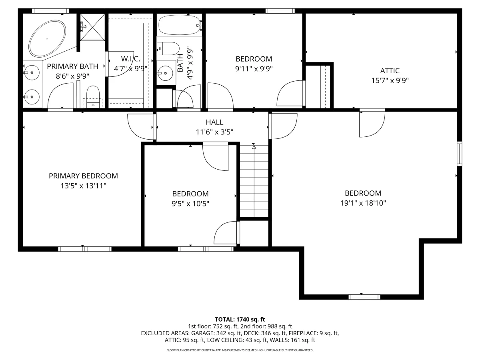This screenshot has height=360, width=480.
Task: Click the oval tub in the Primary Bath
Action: pyautogui.click(x=47, y=39)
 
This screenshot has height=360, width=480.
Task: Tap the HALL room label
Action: pyautogui.click(x=214, y=122)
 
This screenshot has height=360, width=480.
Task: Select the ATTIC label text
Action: pyautogui.click(x=390, y=71)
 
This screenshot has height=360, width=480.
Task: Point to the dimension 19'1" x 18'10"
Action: pyautogui.click(x=363, y=203)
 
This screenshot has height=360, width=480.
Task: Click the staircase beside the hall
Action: pyautogui.click(x=254, y=181)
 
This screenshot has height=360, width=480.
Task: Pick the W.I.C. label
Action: pyautogui.click(x=130, y=59)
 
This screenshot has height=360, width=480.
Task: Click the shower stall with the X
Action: pyautogui.click(x=92, y=27)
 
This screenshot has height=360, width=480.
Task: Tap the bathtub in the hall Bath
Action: pyautogui.click(x=180, y=25)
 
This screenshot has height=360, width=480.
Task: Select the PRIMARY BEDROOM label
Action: pyautogui.click(x=83, y=176)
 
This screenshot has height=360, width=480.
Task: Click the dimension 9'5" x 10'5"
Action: pyautogui.click(x=190, y=204)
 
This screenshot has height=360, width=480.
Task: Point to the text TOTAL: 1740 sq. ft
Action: pyautogui.click(x=240, y=320)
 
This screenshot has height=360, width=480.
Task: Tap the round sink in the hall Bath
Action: pyautogui.click(x=165, y=73)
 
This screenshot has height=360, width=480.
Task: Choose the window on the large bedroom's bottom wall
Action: pyautogui.click(x=364, y=297)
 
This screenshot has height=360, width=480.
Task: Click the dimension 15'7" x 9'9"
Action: pyautogui.click(x=390, y=81)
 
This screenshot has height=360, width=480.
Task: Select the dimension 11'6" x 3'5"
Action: pyautogui.click(x=214, y=132)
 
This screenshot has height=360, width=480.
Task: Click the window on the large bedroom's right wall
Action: pyautogui.click(x=460, y=154)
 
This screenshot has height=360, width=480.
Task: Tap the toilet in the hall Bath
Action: pyautogui.click(x=168, y=48)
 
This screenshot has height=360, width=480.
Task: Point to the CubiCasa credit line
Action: pyautogui.click(x=240, y=350)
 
